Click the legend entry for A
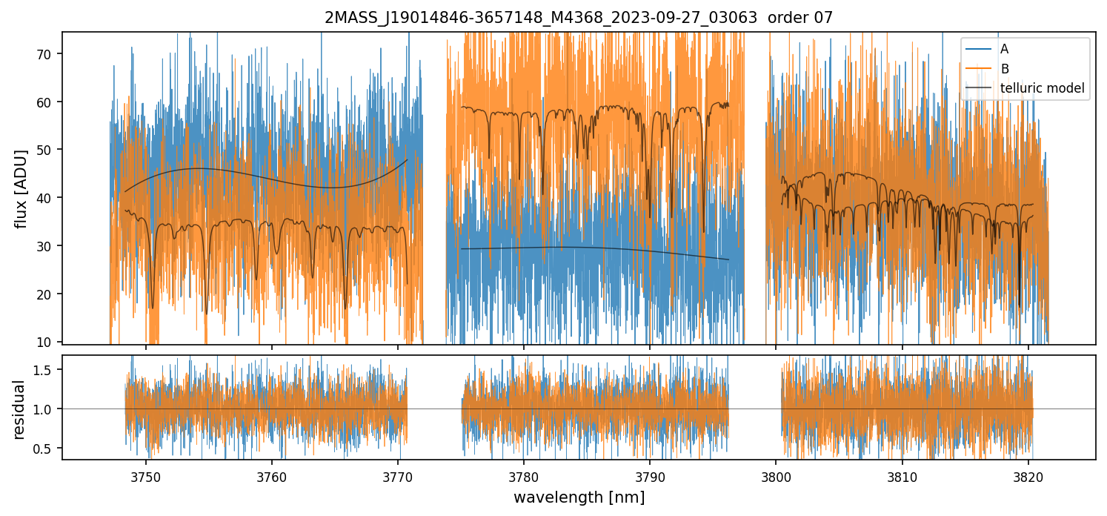click(1004, 49)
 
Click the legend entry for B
click(1004, 69)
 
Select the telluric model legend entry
click(1042, 89)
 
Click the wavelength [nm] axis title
click(579, 497)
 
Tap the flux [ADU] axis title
click(21, 188)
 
